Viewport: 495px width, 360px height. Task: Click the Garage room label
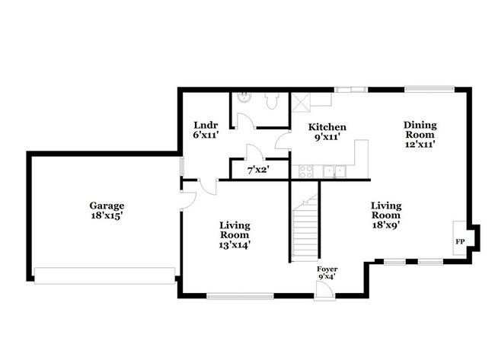coord(107,205)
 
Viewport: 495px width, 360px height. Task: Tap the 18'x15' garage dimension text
coord(107,215)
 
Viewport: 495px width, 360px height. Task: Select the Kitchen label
coord(327,127)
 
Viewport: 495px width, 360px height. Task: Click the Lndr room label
coord(206,125)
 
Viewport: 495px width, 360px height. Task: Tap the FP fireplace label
coord(460,241)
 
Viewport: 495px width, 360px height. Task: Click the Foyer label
coord(327,269)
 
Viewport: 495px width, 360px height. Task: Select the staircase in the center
coord(305,228)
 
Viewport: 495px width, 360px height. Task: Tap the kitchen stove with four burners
coord(307,171)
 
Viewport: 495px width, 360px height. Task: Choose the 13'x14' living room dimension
coord(235,244)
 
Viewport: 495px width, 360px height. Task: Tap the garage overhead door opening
coord(106,276)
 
